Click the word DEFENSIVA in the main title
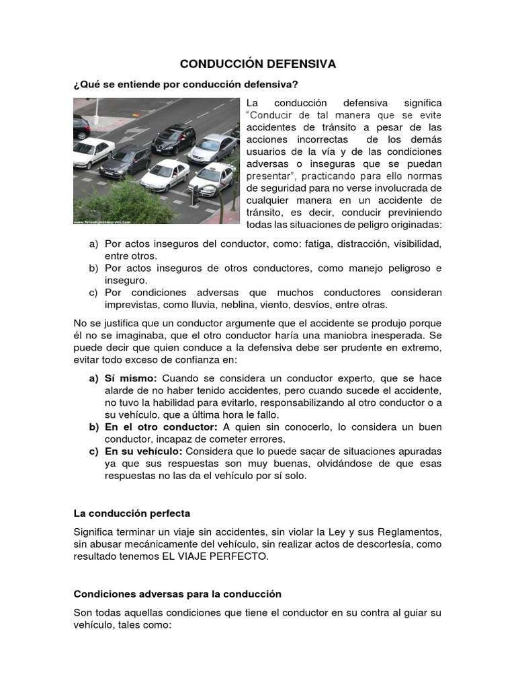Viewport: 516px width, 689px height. pos(297,64)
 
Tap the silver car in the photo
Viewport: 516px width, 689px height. pos(212,147)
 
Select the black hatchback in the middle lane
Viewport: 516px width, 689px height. pos(173,138)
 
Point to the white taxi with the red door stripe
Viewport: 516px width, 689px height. pos(214,176)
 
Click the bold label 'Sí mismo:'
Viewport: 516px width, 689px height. pos(131,378)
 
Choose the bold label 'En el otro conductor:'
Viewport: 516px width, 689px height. pos(161,427)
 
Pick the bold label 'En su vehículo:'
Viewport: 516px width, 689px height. pos(144,451)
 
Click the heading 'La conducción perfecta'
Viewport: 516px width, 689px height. pos(132,513)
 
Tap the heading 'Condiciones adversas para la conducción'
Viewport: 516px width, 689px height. pos(177,594)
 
